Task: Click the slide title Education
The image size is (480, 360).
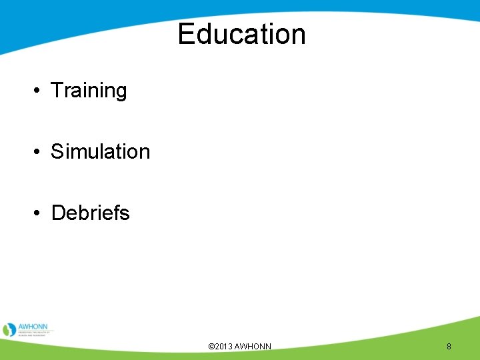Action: pyautogui.click(x=241, y=34)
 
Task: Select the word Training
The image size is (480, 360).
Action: pyautogui.click(x=89, y=90)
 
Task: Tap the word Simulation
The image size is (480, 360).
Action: pyautogui.click(x=101, y=151)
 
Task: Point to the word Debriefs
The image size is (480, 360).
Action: pyautogui.click(x=90, y=213)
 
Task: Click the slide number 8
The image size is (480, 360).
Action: pyautogui.click(x=449, y=347)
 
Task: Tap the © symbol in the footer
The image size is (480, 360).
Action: pyautogui.click(x=211, y=347)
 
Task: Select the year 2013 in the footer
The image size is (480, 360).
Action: pyautogui.click(x=223, y=347)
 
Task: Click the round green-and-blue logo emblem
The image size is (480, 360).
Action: pyautogui.click(x=9, y=329)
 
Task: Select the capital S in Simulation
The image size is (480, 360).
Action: pyautogui.click(x=58, y=151)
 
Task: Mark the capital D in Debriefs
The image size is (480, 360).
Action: pyautogui.click(x=59, y=213)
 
